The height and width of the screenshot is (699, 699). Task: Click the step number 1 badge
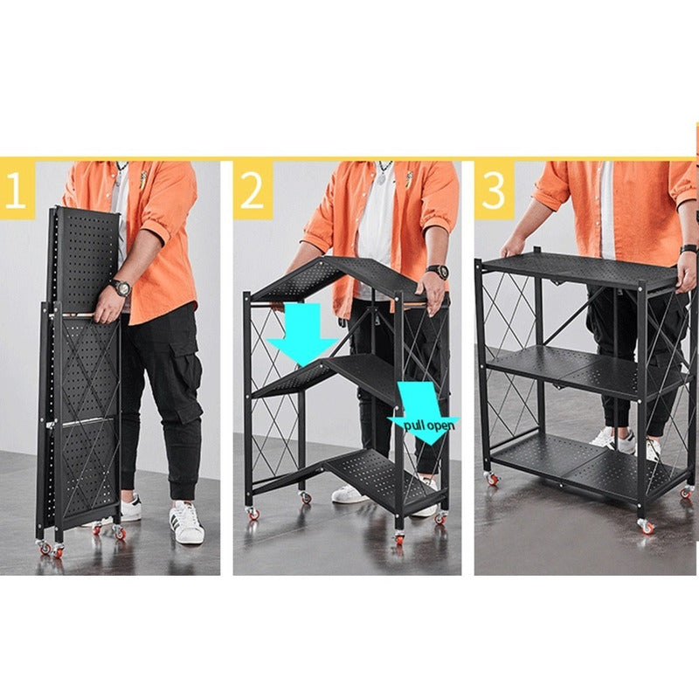[17, 190]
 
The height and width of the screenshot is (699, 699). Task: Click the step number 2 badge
[253, 190]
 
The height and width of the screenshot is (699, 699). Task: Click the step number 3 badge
[494, 190]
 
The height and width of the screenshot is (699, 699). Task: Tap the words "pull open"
[429, 425]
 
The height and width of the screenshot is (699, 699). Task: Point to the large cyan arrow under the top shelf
[303, 332]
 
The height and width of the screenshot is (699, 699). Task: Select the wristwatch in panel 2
[438, 272]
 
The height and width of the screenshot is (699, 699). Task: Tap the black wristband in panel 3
[689, 249]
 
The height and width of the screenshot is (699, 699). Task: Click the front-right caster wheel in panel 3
[646, 527]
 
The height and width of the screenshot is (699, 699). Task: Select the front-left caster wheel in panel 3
[491, 478]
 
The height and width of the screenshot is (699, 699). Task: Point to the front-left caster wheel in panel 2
[253, 513]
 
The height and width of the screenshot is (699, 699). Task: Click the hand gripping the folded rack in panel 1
[106, 307]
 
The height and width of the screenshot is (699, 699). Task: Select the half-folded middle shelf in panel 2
[328, 379]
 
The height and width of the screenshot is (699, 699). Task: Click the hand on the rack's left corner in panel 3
[513, 246]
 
